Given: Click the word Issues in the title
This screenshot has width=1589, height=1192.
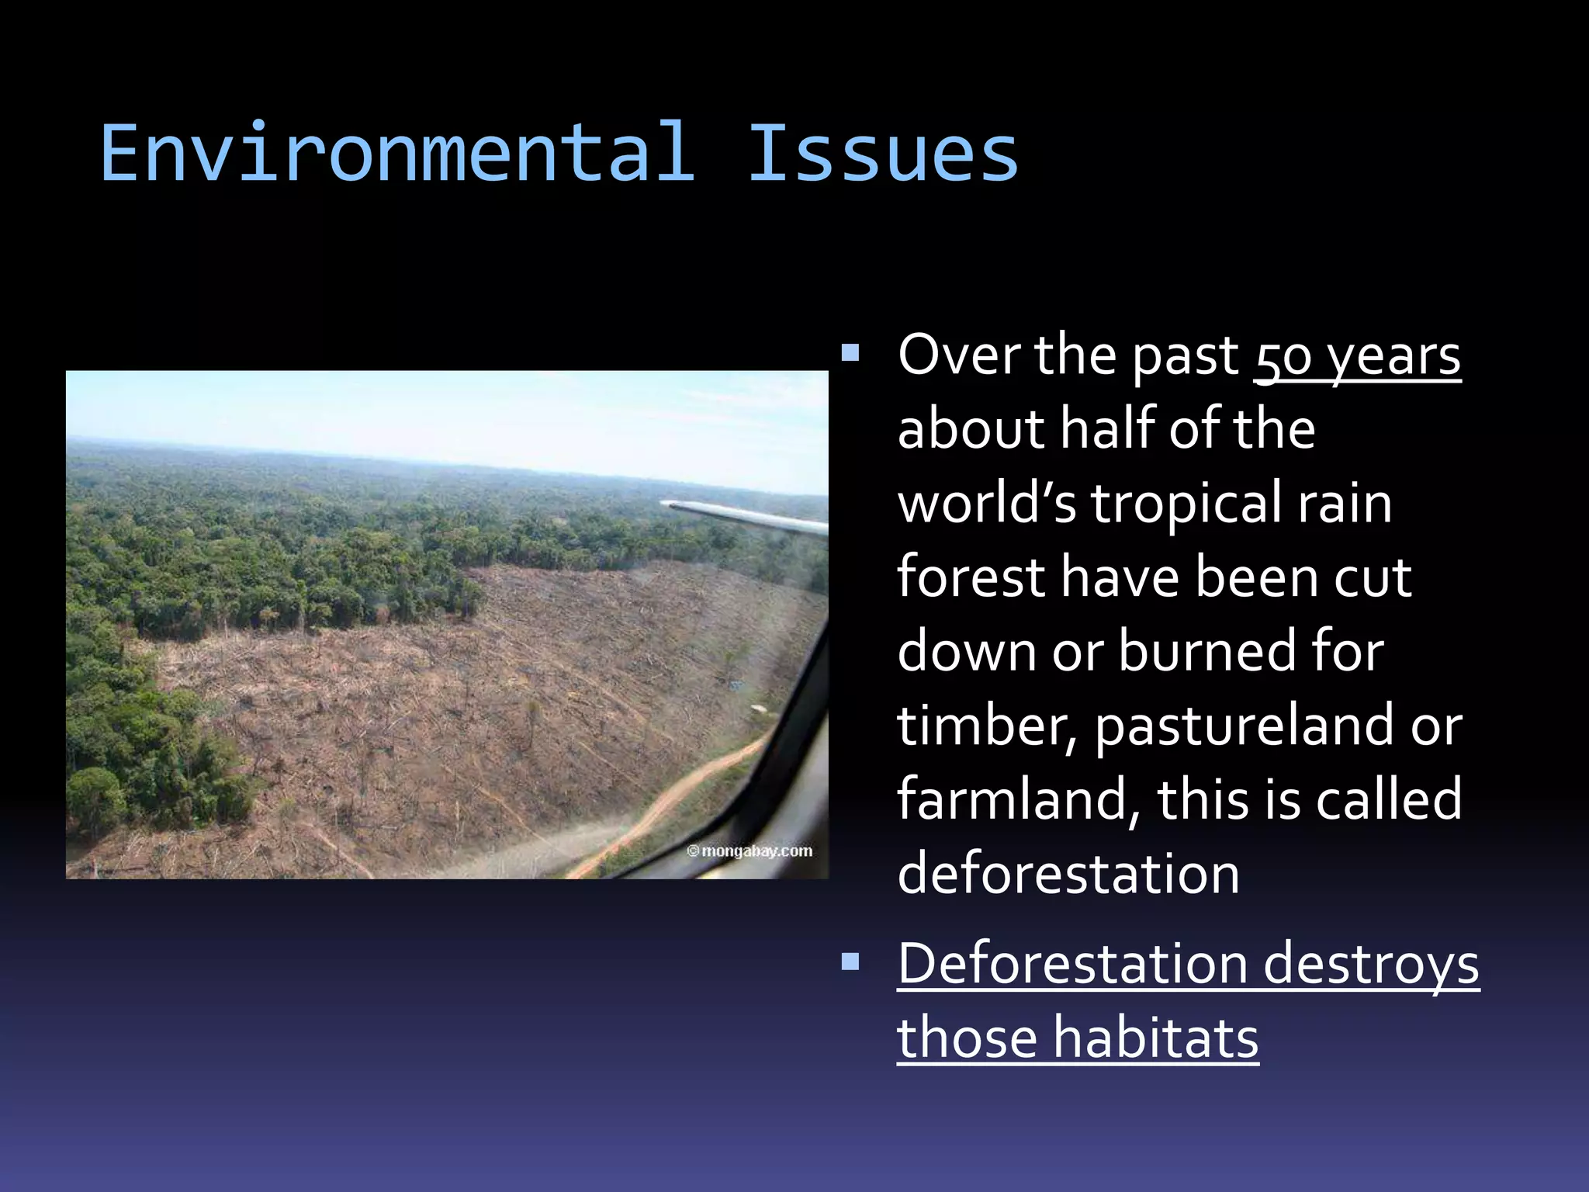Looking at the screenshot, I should pos(882,154).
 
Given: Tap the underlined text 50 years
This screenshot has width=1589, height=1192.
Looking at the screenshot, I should pos(1357,356).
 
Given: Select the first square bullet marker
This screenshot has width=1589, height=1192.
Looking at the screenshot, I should pos(850,354).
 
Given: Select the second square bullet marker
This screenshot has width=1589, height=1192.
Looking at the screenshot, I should pos(850,963).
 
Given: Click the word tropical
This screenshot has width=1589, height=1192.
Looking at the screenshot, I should pos(1186,504).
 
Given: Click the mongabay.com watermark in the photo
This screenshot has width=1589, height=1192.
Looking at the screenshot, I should pos(749,851).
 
